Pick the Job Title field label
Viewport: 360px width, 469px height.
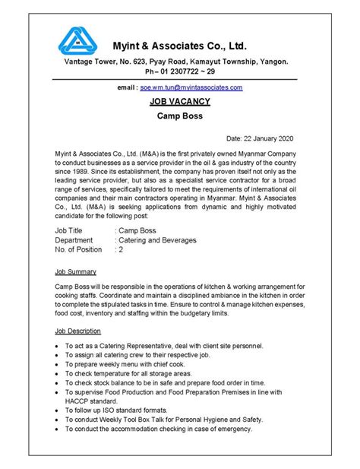71,229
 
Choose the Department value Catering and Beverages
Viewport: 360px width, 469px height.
157,239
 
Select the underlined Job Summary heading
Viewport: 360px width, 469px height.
76,271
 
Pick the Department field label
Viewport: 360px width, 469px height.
76,239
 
